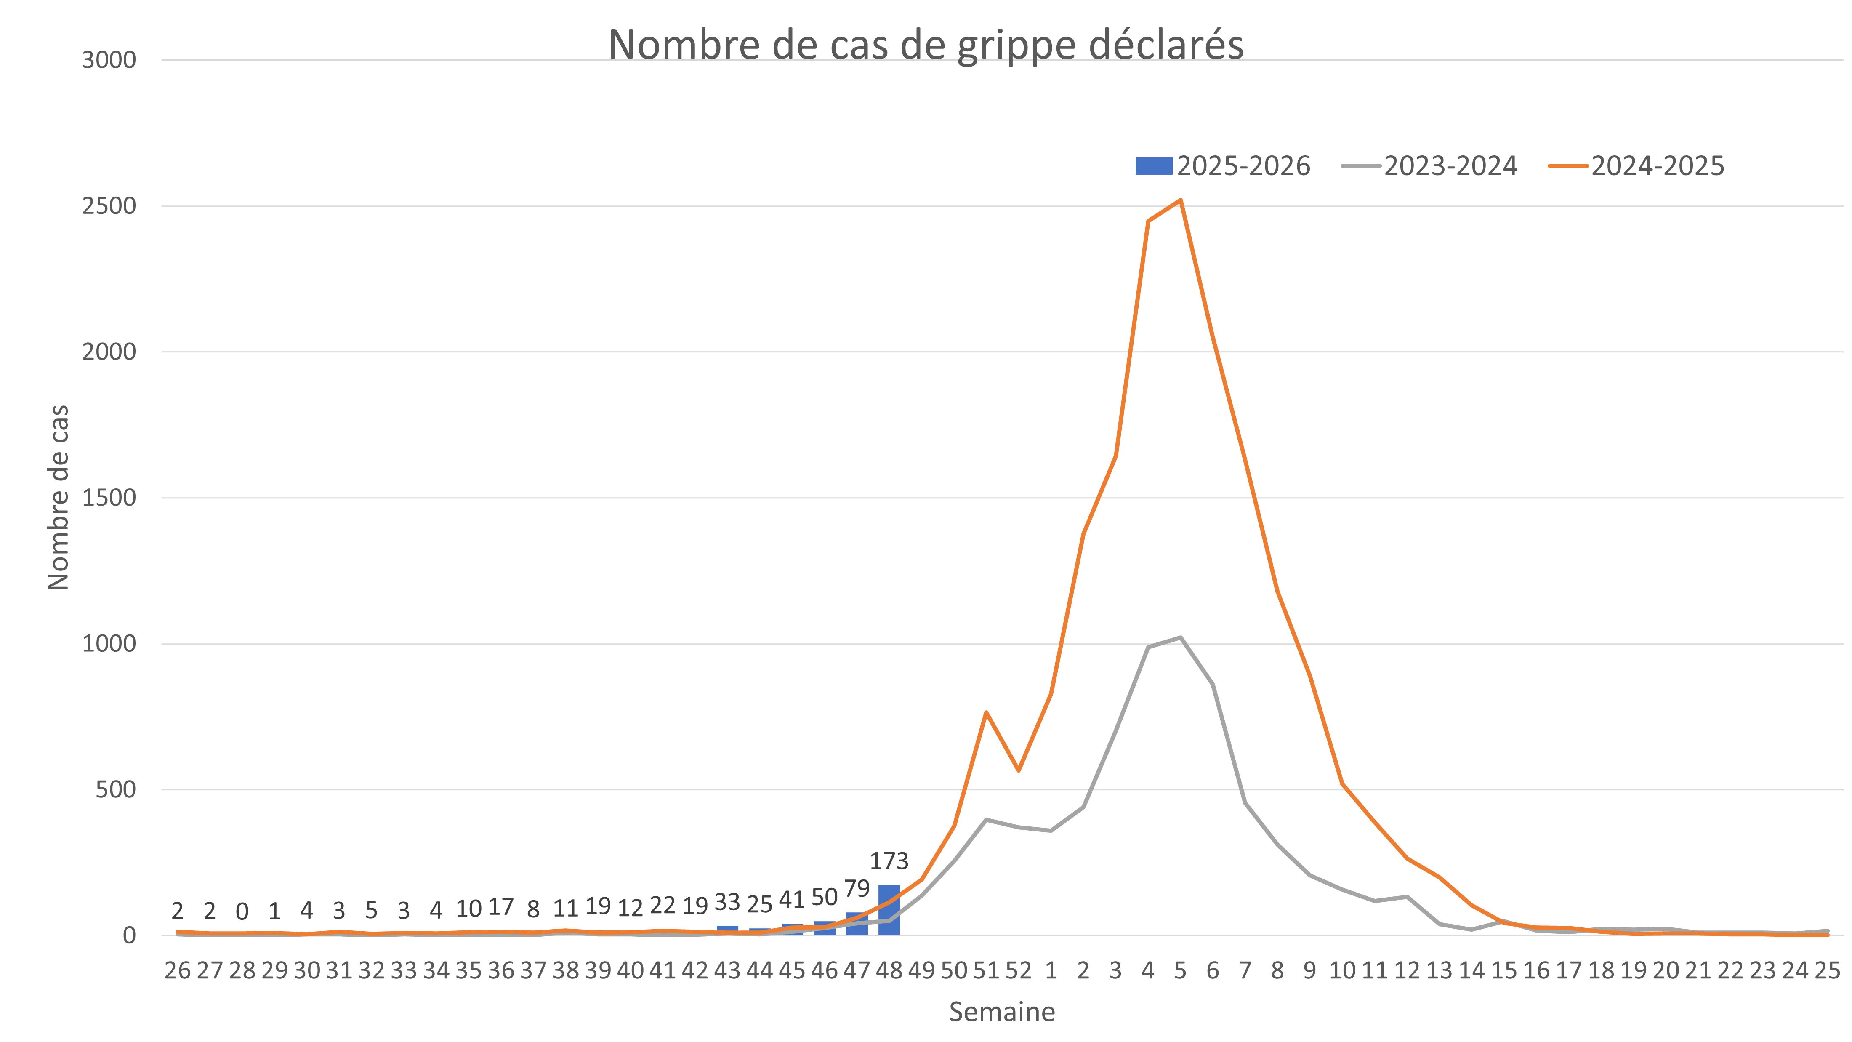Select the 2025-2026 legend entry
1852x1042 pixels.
click(1223, 166)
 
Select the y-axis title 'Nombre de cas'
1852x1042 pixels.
click(58, 498)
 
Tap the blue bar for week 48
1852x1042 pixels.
click(889, 910)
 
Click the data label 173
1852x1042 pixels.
click(889, 861)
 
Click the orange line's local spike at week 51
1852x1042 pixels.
click(986, 712)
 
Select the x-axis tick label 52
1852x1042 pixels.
click(1018, 971)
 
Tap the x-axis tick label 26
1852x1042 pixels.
click(178, 971)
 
